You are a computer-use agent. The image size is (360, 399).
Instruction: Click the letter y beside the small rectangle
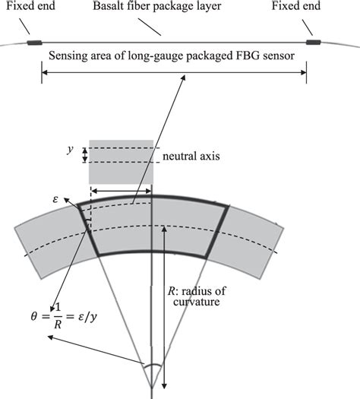click(69, 150)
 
